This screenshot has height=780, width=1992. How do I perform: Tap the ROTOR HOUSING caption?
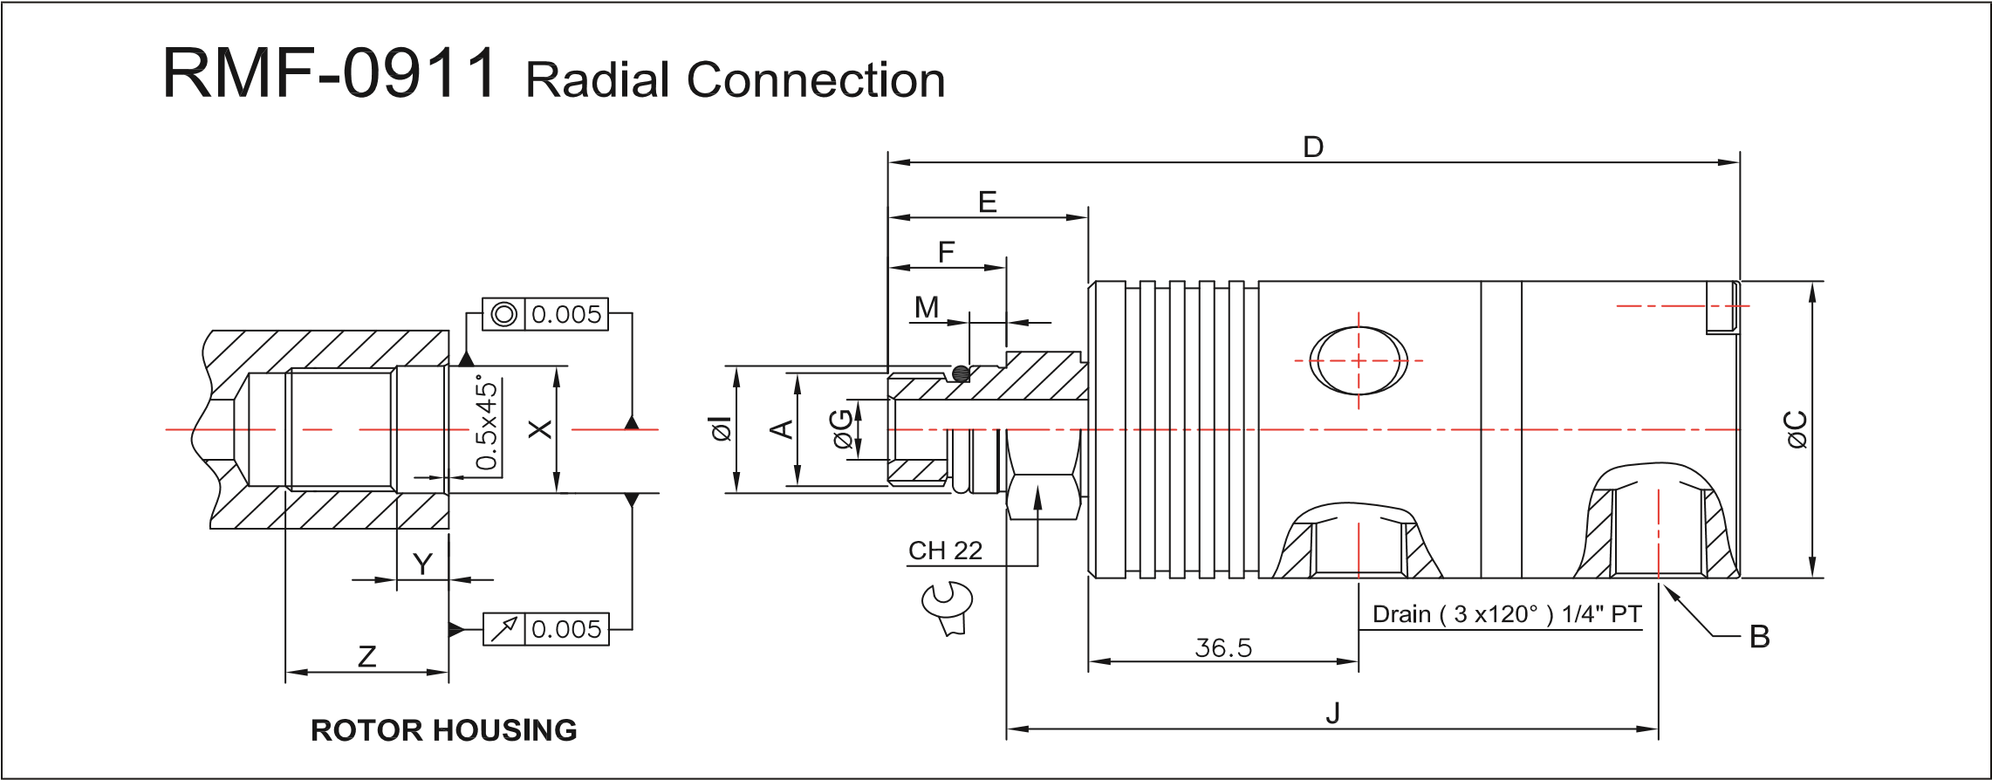(x=444, y=729)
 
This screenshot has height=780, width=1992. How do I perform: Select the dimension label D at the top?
(x=1312, y=147)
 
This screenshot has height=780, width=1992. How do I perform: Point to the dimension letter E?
(x=987, y=202)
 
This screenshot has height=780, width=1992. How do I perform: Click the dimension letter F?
(x=946, y=252)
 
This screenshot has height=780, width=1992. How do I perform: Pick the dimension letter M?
(x=927, y=307)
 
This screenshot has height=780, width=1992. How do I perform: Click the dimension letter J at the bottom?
(x=1332, y=713)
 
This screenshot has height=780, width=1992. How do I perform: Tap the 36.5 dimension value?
(x=1223, y=647)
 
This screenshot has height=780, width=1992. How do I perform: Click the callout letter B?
(x=1759, y=638)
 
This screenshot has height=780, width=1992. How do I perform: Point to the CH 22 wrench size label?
(x=945, y=551)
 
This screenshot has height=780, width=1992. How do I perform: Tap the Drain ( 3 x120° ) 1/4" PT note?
(x=1507, y=614)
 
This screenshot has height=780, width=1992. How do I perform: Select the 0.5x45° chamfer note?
(x=488, y=424)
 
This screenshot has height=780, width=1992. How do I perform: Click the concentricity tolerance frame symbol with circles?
(x=503, y=314)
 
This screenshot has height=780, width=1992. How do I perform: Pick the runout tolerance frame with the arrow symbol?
(x=503, y=629)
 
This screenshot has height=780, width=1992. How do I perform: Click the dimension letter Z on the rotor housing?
(x=366, y=656)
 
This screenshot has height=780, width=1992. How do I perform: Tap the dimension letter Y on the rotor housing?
(x=422, y=564)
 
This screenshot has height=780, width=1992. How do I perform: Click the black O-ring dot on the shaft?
(x=961, y=373)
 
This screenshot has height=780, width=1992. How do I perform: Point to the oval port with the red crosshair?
(x=1359, y=360)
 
